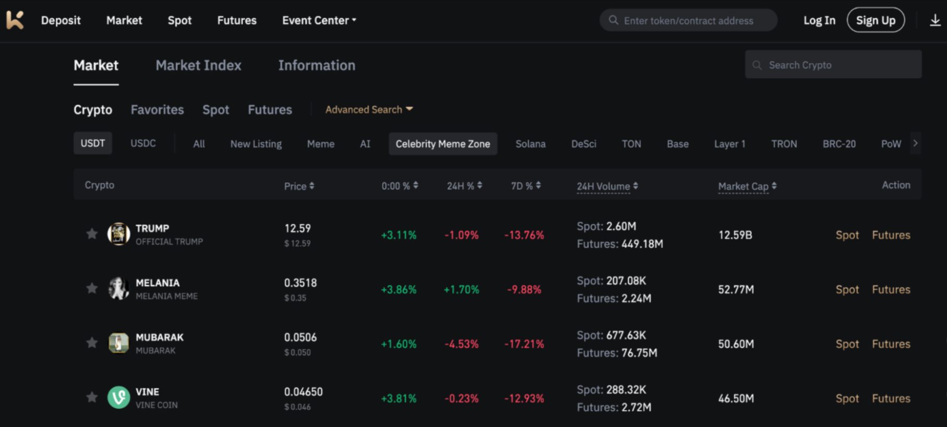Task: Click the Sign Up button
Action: pos(875,20)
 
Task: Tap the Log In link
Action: pos(819,20)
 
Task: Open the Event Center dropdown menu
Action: pos(319,20)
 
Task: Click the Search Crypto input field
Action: pos(833,65)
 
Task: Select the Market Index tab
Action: pos(198,65)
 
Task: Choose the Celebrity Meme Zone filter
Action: pos(442,144)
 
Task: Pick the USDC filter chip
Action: pos(143,143)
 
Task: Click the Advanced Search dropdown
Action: pos(369,109)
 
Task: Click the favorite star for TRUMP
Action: pos(92,234)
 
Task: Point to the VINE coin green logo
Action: pos(118,398)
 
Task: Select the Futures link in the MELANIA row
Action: pos(891,289)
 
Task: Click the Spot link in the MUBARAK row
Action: pos(847,344)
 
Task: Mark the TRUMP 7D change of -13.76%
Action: pos(524,235)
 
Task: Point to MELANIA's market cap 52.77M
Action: pos(736,289)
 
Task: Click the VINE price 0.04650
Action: pos(303,392)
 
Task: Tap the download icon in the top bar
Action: pos(935,20)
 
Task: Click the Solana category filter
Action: pos(530,144)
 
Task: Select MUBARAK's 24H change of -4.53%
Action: pos(461,344)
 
